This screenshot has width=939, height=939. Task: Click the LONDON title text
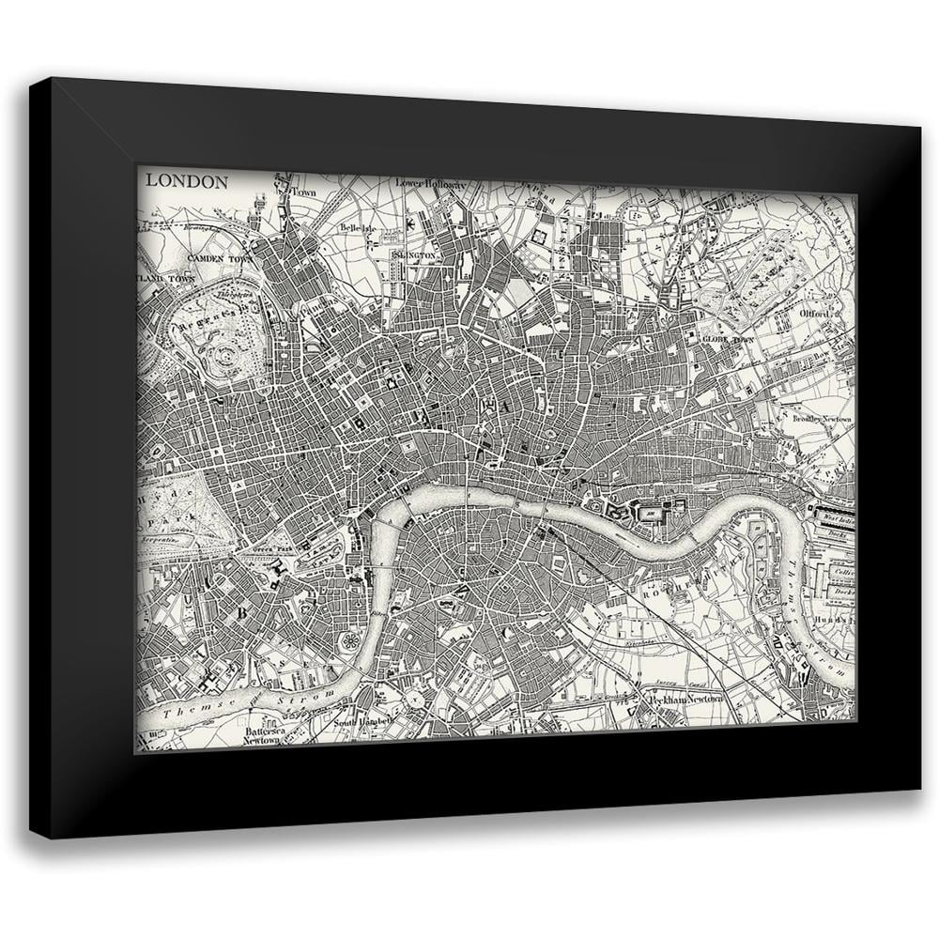coord(186,182)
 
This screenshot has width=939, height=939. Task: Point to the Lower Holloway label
coord(430,184)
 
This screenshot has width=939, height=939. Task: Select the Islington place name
coord(414,255)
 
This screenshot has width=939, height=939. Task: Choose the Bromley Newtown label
coord(822,419)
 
